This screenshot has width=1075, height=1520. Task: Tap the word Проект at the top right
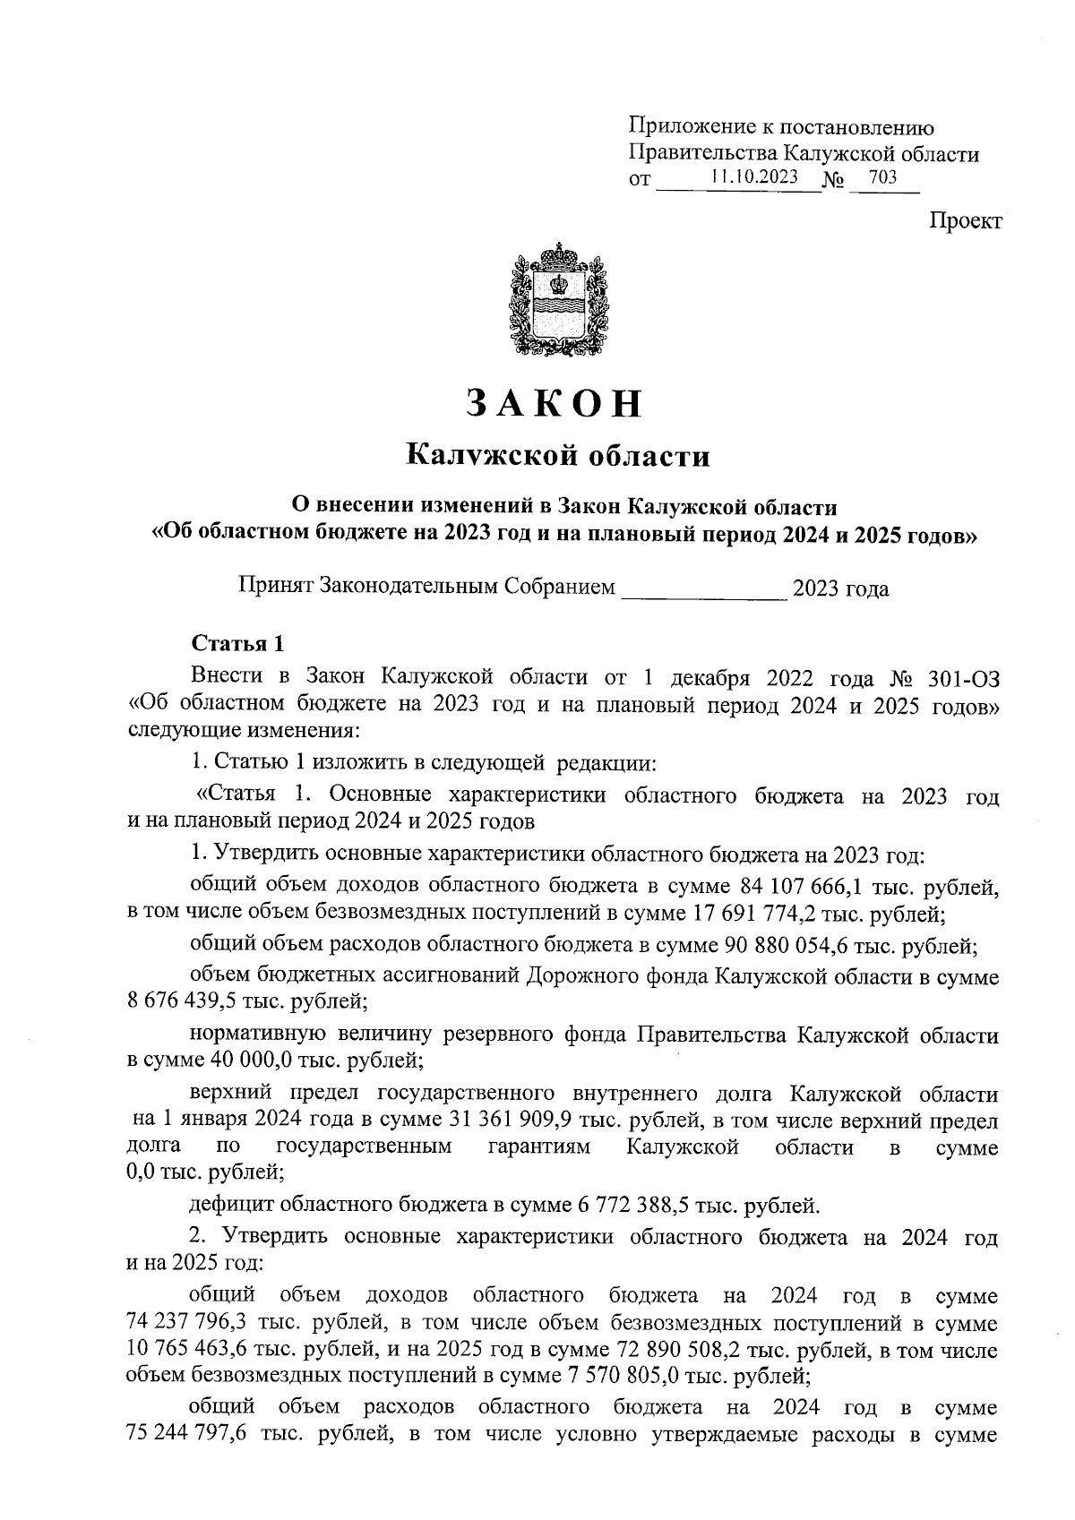click(x=965, y=221)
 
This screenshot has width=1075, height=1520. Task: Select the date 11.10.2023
click(x=753, y=177)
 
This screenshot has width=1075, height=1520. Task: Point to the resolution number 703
click(x=882, y=177)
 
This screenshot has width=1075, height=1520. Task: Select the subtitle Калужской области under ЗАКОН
click(x=558, y=457)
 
